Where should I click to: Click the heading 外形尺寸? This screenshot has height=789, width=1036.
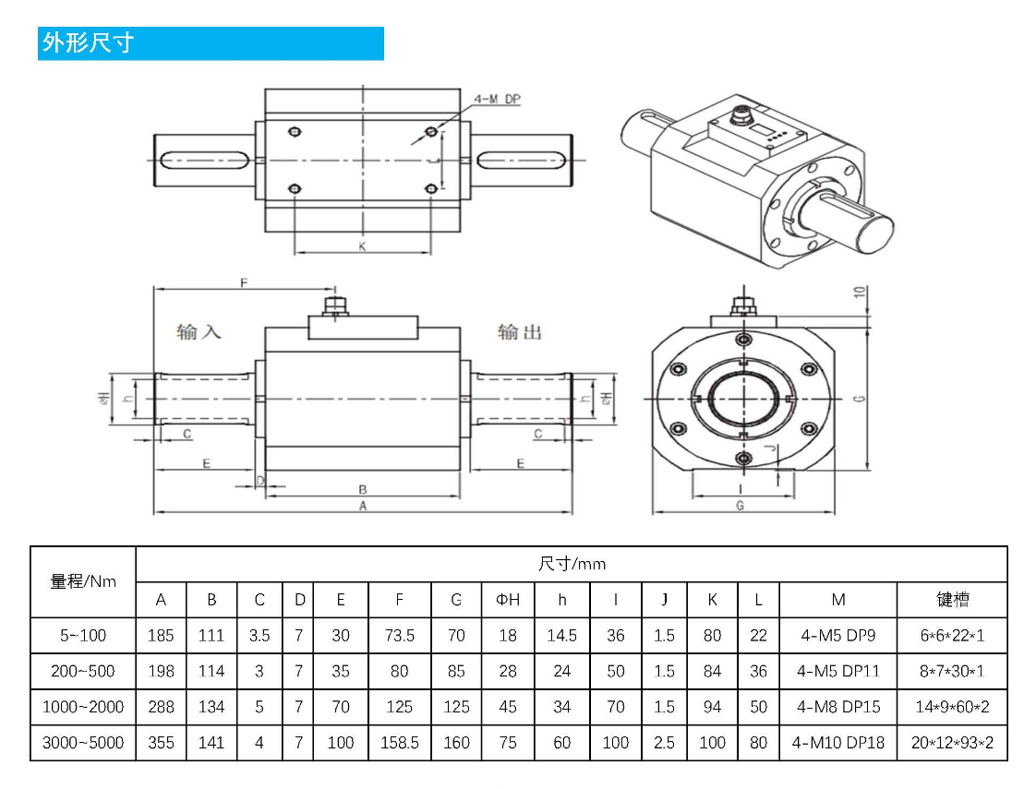tap(88, 43)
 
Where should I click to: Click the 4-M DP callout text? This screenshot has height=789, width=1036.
tap(498, 99)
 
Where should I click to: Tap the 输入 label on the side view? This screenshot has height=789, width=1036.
tap(199, 331)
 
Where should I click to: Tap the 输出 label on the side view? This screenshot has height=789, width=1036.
tap(520, 331)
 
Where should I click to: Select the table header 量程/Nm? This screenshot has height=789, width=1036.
tap(83, 581)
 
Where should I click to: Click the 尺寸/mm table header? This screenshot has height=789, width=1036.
tap(572, 564)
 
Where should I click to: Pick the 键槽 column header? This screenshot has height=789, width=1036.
tap(952, 600)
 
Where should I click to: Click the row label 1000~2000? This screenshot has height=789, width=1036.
tap(83, 707)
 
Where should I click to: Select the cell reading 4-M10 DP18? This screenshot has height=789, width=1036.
tap(837, 743)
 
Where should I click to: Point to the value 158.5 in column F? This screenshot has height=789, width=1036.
tap(399, 743)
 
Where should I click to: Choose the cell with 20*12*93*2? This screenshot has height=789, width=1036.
tap(952, 743)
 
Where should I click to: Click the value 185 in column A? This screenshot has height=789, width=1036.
tap(161, 636)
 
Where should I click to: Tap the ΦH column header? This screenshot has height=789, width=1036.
tap(507, 600)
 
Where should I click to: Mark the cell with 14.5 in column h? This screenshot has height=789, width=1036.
tap(561, 636)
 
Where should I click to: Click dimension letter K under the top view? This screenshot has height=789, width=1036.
tap(362, 246)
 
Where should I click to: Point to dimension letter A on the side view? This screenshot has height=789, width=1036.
tap(363, 507)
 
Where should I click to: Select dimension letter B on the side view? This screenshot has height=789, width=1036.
tap(363, 489)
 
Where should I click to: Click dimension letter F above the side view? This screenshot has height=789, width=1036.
tap(244, 282)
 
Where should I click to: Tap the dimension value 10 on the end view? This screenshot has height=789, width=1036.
tap(860, 293)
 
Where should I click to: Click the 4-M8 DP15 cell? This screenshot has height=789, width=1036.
tap(837, 707)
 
